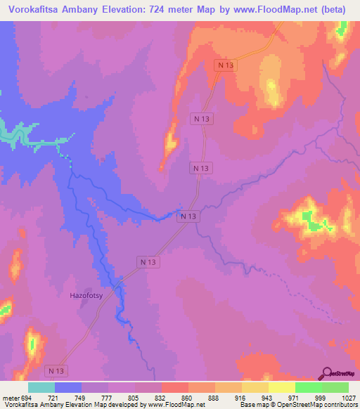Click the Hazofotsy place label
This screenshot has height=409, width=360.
click(x=86, y=296)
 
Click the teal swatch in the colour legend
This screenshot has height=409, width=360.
click(x=41, y=387)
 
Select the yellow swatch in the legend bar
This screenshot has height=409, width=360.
click(x=281, y=387)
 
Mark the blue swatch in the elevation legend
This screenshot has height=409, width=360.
click(x=68, y=387)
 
